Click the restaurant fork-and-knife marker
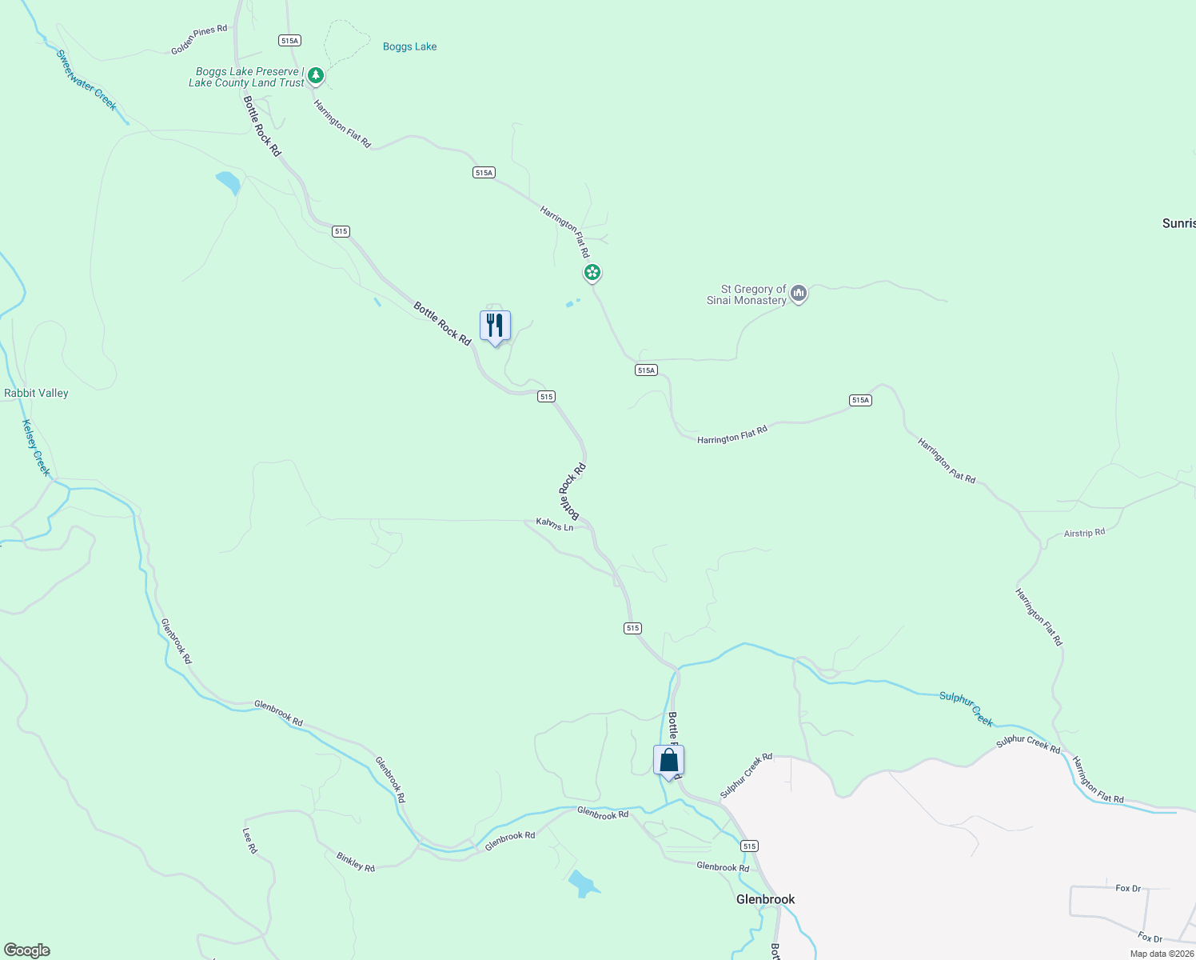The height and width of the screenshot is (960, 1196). pos(495,326)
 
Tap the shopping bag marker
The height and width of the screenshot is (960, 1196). pos(668,761)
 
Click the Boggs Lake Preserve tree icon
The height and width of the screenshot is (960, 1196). pos(316,76)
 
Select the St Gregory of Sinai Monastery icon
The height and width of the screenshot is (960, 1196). pos(798,294)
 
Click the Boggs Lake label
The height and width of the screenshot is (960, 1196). pos(409,46)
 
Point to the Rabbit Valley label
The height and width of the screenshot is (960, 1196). pos(36,393)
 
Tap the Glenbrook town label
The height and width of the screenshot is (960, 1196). pos(765,899)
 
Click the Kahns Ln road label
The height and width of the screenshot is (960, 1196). pos(555,525)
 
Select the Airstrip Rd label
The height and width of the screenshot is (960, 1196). pos(1084,533)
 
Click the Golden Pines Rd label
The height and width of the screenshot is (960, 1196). pos(199,40)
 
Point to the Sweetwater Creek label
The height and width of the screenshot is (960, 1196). pos(86,80)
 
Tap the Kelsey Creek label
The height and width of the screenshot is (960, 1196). pos(36,448)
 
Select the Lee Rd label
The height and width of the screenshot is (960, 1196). pos(250,840)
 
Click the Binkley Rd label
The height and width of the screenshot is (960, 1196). pos(356,862)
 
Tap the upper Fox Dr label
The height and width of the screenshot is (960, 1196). pos(1128,888)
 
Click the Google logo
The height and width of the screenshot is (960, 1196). pos(27,950)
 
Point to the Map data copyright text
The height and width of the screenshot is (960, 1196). pos(1162,954)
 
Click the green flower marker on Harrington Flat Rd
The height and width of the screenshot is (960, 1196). pos(592,273)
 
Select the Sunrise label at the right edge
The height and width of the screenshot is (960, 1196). pos(1178,223)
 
